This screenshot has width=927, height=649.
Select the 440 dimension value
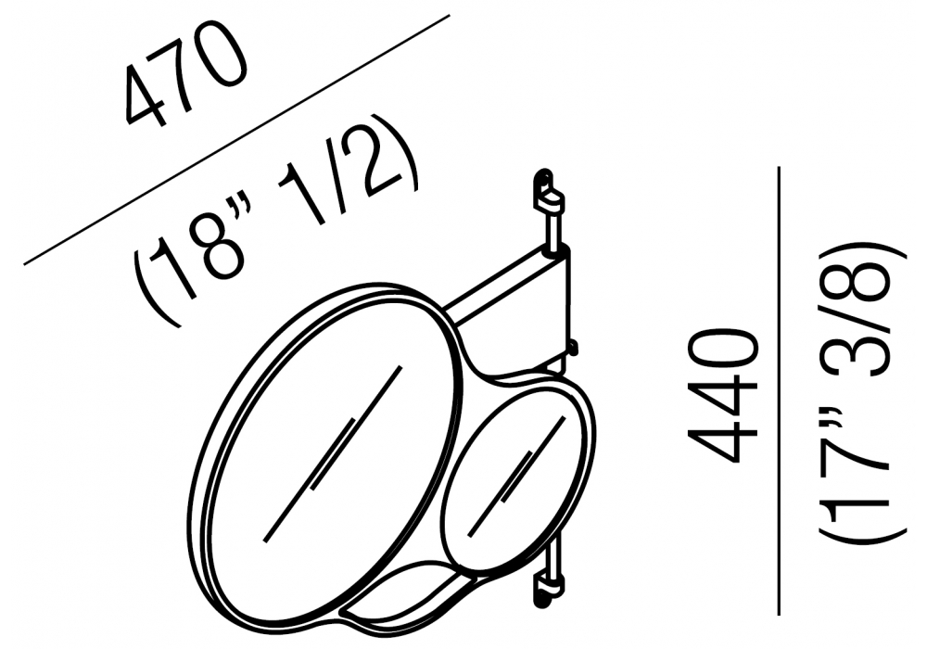(722, 397)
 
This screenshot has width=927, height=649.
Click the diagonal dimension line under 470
(236, 139)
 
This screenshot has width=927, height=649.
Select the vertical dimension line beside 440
(780, 391)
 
